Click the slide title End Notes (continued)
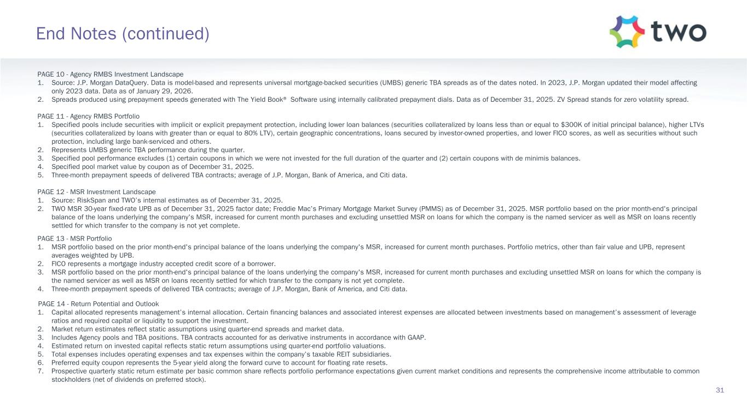click(x=123, y=34)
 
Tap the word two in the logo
click(x=679, y=32)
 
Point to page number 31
click(x=720, y=390)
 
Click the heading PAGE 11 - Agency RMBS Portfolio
click(x=88, y=116)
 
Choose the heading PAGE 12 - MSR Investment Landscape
click(x=96, y=192)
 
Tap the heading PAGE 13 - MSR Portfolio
click(x=74, y=238)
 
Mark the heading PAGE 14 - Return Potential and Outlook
click(x=99, y=304)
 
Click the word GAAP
click(x=418, y=337)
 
